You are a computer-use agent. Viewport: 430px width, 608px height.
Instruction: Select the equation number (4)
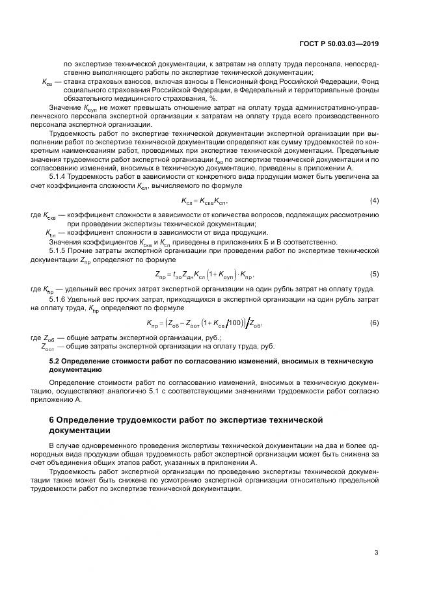(375, 201)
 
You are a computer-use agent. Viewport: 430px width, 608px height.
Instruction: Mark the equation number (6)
(375, 323)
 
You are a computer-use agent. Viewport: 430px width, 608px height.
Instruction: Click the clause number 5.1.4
(61, 177)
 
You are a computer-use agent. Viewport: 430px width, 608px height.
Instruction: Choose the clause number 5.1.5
(61, 250)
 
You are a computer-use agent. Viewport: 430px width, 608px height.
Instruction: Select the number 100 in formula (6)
(235, 323)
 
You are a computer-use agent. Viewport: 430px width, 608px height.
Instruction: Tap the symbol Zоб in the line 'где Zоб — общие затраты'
(49, 338)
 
